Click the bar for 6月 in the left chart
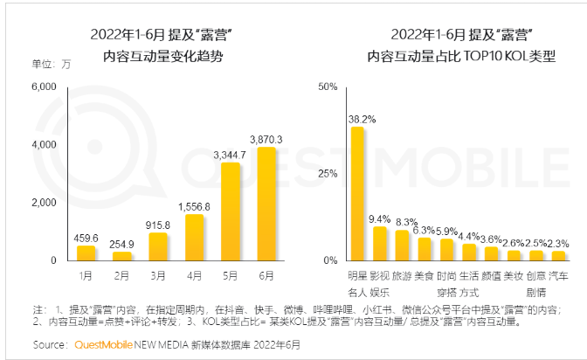click(266, 204)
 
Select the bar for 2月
click(123, 256)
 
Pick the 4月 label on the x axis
click(195, 275)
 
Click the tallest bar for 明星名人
click(357, 193)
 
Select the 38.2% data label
click(362, 118)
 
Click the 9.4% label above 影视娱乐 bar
click(380, 218)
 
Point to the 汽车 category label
click(558, 275)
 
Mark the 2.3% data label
click(559, 243)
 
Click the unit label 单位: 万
click(51, 66)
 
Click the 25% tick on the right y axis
click(327, 174)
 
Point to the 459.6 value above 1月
click(86, 237)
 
